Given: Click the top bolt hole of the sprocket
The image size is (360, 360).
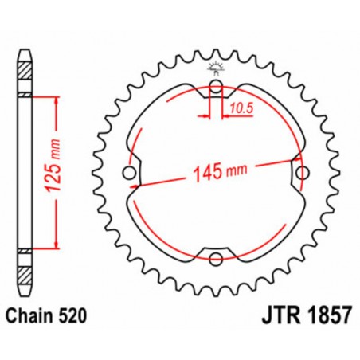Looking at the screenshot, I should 215,88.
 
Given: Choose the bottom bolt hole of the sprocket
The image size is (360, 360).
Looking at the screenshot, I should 215,257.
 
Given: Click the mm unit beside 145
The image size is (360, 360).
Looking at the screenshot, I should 237,170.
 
